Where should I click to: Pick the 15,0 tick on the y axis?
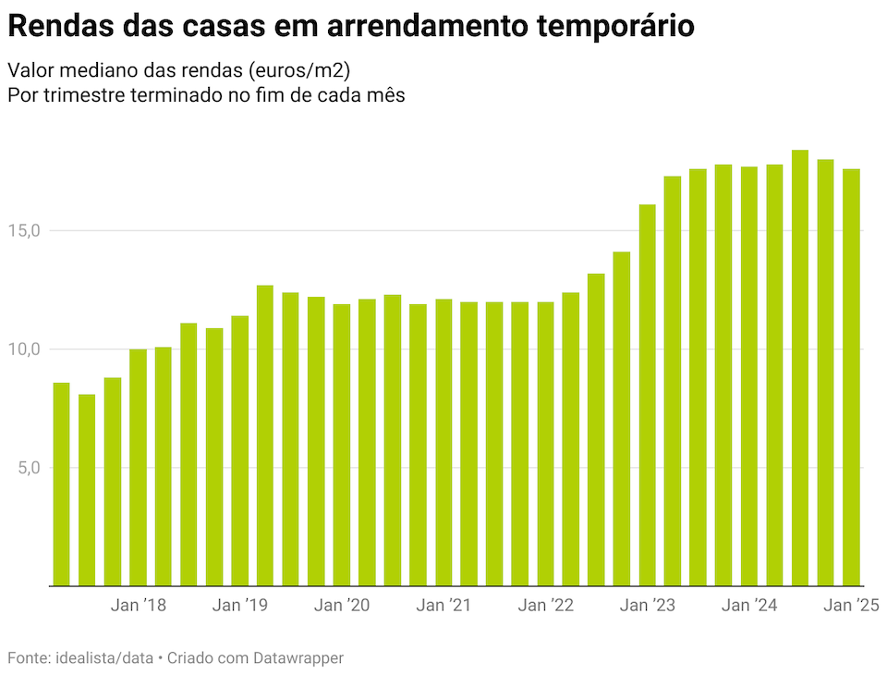pos(25,230)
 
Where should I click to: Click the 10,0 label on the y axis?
pos(25,349)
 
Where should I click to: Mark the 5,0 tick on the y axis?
pos(29,467)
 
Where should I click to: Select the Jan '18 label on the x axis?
pos(139,607)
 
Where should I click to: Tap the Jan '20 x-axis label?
pos(342,607)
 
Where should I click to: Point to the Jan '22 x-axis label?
pos(546,607)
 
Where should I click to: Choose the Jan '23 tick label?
pos(648,607)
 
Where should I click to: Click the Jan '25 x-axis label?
pos(851,607)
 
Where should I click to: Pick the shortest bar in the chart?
pos(87,490)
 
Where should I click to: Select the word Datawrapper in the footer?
pos(300,658)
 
